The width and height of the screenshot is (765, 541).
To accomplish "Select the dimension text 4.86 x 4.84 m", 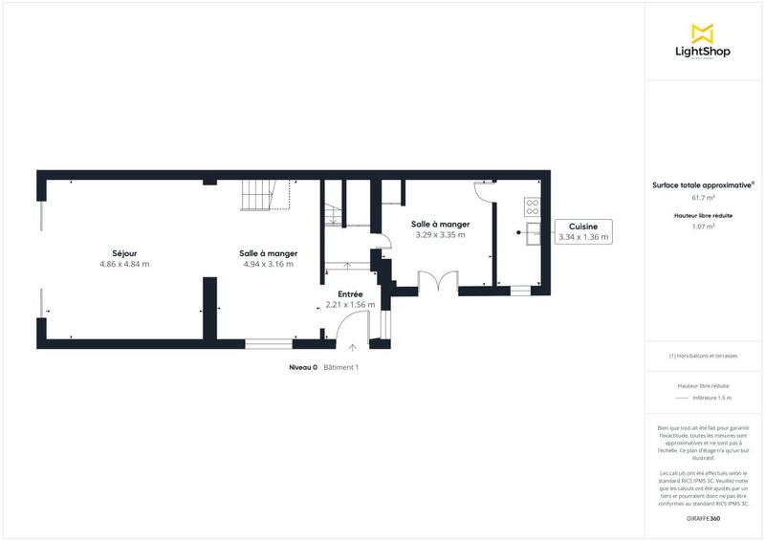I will (124, 264).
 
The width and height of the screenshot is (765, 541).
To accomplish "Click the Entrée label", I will (350, 294).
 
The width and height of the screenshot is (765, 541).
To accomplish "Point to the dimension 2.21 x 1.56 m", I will (350, 305).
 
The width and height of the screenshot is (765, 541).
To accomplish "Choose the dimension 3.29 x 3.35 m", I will (440, 234).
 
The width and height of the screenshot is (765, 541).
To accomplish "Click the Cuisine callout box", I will (582, 231).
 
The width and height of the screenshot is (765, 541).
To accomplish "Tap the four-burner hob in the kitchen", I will (532, 205).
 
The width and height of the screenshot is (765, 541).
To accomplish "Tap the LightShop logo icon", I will (703, 33).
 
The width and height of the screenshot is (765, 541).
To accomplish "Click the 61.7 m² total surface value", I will (703, 198).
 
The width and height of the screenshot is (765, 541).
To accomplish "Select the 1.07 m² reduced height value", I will (703, 227).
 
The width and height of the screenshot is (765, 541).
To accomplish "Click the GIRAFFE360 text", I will (703, 518).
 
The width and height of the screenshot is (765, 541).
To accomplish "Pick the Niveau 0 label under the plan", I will (303, 367).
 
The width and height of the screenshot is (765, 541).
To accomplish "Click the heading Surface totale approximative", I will (702, 184).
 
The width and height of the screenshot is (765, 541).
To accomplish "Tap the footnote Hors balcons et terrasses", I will (703, 356).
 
